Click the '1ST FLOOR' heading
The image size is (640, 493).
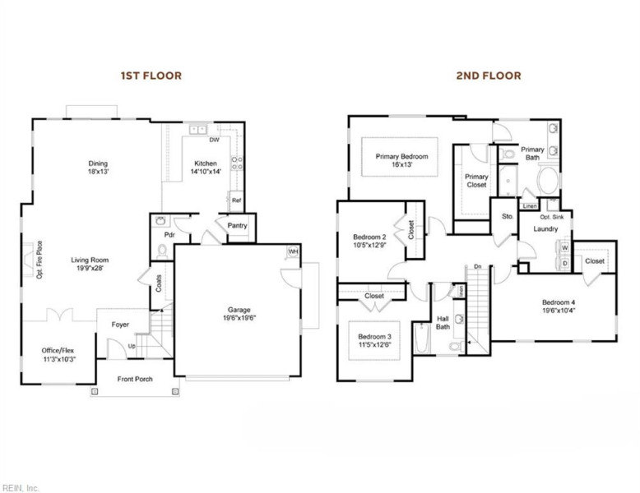(151, 76)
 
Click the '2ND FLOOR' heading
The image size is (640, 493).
(489, 76)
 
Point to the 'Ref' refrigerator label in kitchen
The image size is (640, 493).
(236, 200)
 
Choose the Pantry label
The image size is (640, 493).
(238, 226)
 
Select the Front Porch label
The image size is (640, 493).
(135, 379)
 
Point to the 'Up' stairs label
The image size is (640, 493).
(132, 346)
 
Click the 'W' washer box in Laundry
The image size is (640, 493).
(565, 248)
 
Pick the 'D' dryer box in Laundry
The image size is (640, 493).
(565, 263)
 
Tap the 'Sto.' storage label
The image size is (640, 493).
(508, 216)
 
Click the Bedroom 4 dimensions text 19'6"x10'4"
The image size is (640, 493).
(563, 311)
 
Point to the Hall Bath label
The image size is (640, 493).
(443, 323)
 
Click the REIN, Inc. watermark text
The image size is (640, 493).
(20, 487)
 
